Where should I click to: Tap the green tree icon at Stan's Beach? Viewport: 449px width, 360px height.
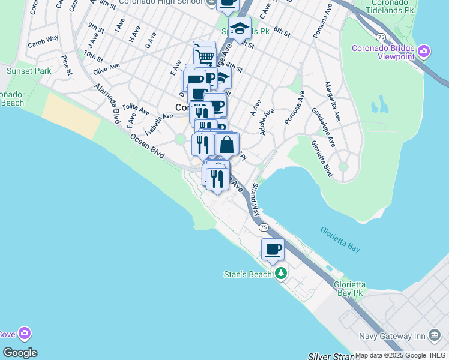tap(280, 274)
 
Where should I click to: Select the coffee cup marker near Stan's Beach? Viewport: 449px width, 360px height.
tap(273, 250)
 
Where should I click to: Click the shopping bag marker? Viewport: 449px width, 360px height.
tap(227, 145)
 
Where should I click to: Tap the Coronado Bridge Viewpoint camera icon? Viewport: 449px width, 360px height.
tap(424, 51)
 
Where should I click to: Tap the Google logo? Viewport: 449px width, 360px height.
tap(20, 353)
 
